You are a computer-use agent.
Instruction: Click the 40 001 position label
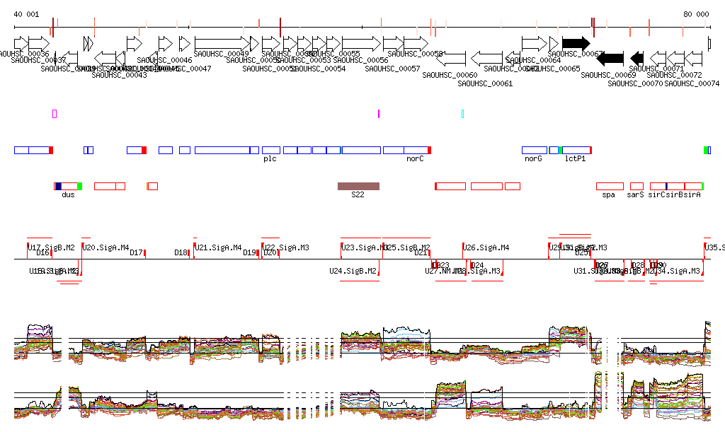[27, 14]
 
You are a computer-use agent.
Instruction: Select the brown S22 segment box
[358, 186]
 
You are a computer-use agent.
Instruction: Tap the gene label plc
[270, 159]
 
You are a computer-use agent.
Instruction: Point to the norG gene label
[533, 159]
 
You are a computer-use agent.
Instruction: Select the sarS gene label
[635, 194]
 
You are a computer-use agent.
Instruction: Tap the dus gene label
[68, 194]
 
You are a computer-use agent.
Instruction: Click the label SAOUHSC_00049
[221, 54]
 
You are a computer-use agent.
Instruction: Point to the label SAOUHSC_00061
[485, 83]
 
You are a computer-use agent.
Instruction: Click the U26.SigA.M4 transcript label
[486, 247]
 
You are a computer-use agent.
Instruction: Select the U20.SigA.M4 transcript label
[105, 247]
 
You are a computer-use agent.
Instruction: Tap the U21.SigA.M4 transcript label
[219, 247]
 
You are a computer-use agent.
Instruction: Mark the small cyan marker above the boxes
[462, 113]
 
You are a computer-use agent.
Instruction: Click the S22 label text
[358, 194]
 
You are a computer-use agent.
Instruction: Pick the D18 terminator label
[181, 252]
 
